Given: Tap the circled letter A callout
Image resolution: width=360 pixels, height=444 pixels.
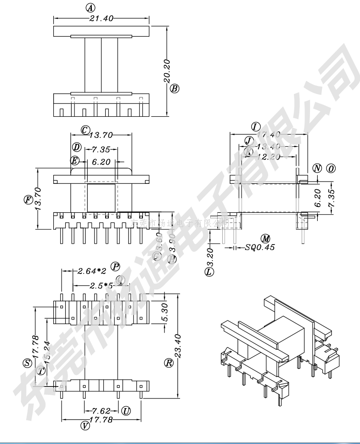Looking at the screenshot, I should pyautogui.click(x=90, y=8).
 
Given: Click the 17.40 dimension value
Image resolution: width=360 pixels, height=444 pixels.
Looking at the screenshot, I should pyautogui.click(x=269, y=135).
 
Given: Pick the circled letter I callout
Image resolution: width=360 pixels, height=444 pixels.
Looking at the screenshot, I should pyautogui.click(x=256, y=126).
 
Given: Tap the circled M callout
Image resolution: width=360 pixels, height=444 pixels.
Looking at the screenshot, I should pyautogui.click(x=265, y=238).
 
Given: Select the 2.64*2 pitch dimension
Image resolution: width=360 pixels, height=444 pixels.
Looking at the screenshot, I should pyautogui.click(x=92, y=271).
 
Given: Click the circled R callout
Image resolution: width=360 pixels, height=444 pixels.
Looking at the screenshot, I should pyautogui.click(x=168, y=363).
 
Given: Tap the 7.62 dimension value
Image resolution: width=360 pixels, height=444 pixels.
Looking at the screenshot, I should pyautogui.click(x=101, y=410).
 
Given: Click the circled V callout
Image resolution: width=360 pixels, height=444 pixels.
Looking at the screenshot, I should pyautogui.click(x=85, y=426).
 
